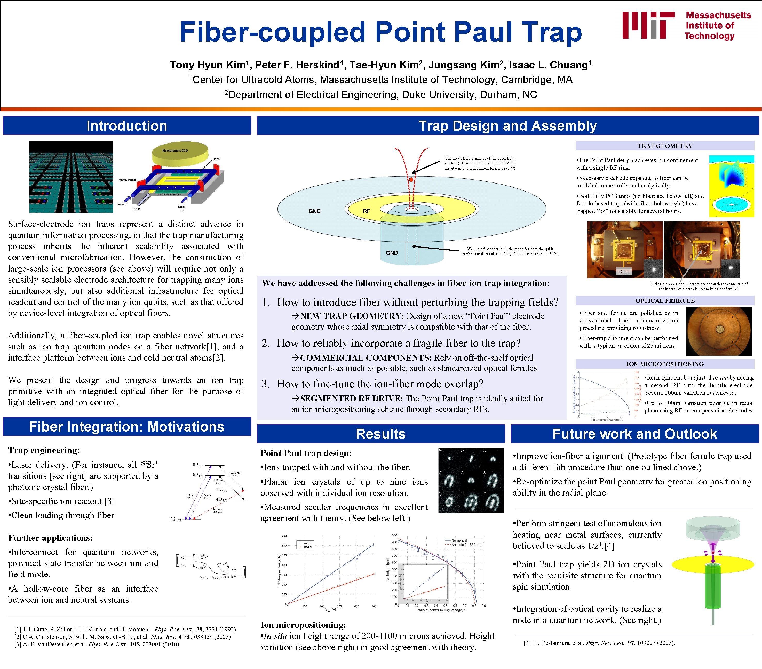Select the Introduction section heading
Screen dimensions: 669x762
(x=127, y=126)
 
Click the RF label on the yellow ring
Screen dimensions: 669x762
(x=366, y=211)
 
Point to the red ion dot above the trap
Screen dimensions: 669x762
(x=411, y=180)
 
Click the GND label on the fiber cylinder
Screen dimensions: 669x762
(x=392, y=253)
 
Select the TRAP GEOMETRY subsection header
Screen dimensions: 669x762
(x=665, y=146)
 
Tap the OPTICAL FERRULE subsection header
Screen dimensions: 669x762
(x=665, y=300)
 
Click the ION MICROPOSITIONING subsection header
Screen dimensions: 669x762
(x=665, y=364)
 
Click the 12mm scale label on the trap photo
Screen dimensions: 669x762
(x=623, y=272)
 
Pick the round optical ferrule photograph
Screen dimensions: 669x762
(x=719, y=330)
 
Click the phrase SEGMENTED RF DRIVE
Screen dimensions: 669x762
(x=351, y=399)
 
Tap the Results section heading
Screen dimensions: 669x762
(x=381, y=434)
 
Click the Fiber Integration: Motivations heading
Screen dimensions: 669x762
(x=127, y=426)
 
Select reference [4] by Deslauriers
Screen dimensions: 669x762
(x=599, y=642)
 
